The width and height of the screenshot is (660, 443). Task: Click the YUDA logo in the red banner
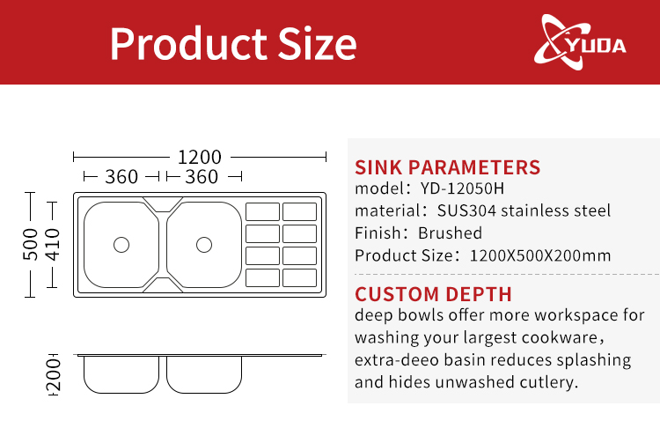[x=580, y=42]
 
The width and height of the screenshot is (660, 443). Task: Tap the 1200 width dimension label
[x=200, y=158]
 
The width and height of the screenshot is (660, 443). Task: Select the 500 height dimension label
[x=30, y=244]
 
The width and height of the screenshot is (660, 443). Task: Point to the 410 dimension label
[x=52, y=244]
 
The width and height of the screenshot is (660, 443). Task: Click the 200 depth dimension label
[x=54, y=375]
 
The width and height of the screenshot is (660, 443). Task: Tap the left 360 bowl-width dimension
[x=121, y=177]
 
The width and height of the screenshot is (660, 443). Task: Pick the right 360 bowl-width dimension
[x=202, y=177]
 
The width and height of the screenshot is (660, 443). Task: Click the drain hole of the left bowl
[x=121, y=245]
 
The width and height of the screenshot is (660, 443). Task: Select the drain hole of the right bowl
[x=204, y=245]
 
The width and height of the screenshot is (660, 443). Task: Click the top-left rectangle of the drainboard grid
[x=262, y=212]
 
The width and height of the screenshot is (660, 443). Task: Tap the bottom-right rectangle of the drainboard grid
[x=300, y=278]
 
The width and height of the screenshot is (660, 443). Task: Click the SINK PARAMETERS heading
[x=447, y=167]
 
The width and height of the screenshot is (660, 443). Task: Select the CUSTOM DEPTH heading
[x=433, y=294]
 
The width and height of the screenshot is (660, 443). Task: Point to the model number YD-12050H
[x=462, y=188]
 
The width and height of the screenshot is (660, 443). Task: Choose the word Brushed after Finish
[x=450, y=233]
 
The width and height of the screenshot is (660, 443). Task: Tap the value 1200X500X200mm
[x=540, y=255]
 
